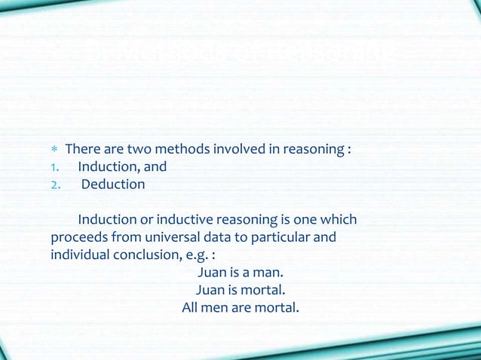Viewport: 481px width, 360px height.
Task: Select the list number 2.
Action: click(54, 185)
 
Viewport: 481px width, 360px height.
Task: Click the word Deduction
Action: click(113, 185)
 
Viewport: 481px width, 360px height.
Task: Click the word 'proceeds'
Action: click(78, 238)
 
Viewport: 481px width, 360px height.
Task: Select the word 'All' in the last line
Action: click(191, 307)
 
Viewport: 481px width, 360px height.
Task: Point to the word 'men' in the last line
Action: click(216, 307)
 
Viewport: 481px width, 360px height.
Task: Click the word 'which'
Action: click(339, 220)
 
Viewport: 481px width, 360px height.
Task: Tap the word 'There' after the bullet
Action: click(84, 149)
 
